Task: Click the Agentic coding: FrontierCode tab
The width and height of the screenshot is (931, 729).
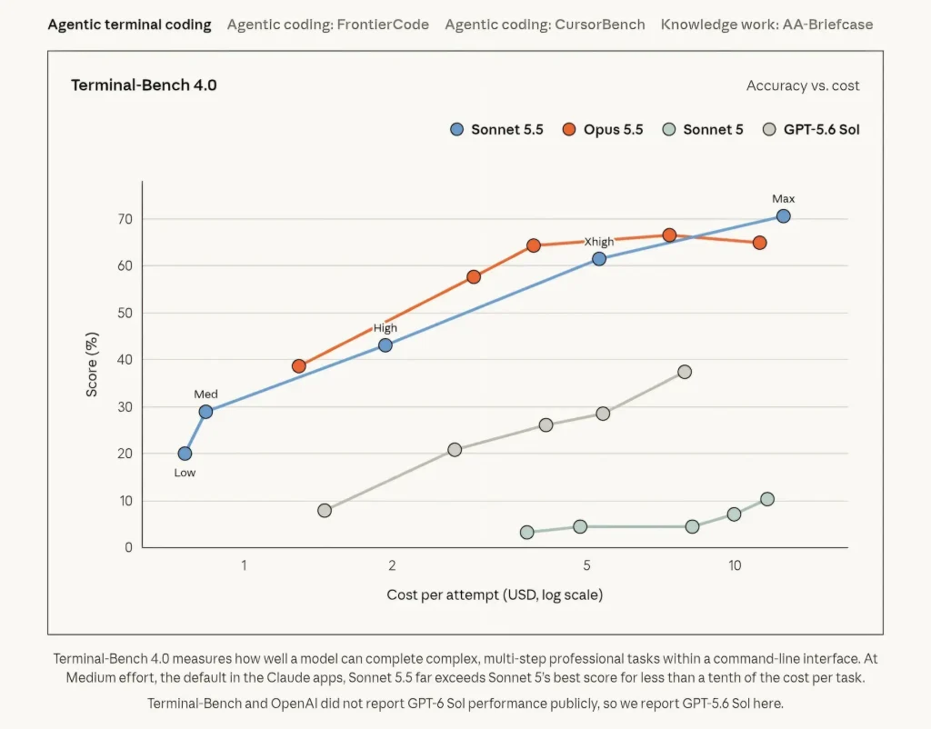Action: (327, 25)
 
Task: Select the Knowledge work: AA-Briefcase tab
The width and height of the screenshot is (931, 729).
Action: (766, 25)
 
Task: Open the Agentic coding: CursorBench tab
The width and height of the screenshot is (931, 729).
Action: (545, 25)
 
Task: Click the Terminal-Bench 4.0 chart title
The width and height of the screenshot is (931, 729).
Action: (144, 85)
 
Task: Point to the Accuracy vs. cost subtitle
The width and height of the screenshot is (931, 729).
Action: (803, 85)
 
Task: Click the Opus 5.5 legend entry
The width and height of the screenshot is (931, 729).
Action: (603, 129)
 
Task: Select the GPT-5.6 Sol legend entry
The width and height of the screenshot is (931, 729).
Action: (811, 129)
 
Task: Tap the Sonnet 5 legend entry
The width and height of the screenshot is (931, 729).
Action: (703, 129)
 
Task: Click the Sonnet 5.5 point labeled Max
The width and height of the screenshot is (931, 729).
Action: (783, 216)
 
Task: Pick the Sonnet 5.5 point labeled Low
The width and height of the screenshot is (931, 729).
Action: (185, 454)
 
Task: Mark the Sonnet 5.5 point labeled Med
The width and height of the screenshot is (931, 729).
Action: (205, 412)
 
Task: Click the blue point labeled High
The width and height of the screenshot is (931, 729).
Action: (385, 345)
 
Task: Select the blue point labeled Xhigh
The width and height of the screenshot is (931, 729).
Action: (599, 259)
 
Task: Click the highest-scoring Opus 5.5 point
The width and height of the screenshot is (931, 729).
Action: (669, 235)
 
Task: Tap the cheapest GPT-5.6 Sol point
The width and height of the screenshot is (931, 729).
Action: (325, 511)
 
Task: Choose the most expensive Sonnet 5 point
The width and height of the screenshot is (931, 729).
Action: (767, 499)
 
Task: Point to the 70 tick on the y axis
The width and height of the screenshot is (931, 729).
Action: (125, 219)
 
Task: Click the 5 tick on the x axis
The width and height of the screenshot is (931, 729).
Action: (586, 565)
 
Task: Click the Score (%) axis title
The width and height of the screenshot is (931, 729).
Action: (92, 364)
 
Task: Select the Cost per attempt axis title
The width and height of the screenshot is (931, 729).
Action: (495, 594)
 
